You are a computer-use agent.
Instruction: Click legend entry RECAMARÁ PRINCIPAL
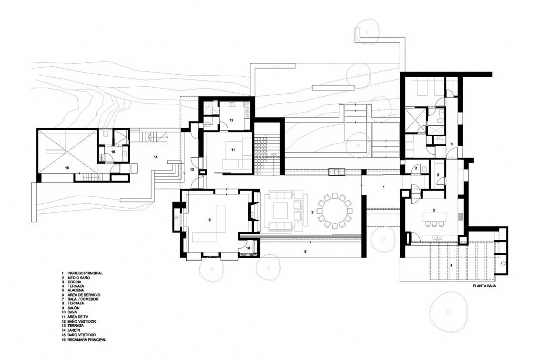click(87, 340)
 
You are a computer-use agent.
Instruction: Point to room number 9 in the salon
click(209, 220)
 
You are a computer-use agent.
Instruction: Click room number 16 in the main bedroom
click(67, 168)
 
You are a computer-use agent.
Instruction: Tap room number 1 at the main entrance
click(384, 187)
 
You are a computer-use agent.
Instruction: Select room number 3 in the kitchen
click(433, 210)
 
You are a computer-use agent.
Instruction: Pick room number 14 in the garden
click(155, 157)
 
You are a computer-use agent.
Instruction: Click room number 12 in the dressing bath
click(232, 120)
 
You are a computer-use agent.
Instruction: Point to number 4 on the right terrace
click(451, 265)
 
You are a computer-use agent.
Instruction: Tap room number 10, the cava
click(248, 248)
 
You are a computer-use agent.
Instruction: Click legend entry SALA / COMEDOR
click(83, 299)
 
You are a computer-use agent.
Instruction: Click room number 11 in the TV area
click(233, 150)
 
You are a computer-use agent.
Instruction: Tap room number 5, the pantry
click(438, 175)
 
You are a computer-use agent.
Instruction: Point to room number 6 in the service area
click(451, 144)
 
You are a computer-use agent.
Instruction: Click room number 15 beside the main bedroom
click(113, 152)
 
